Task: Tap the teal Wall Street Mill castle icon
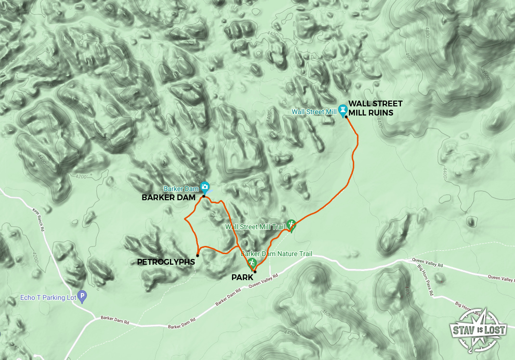pyautogui.click(x=343, y=109)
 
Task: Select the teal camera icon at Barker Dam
pyautogui.click(x=205, y=186)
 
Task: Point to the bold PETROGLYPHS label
pyautogui.click(x=166, y=262)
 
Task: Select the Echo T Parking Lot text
pyautogui.click(x=49, y=297)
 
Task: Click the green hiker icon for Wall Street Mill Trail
pyautogui.click(x=291, y=224)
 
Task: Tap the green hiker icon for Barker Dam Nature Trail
pyautogui.click(x=252, y=263)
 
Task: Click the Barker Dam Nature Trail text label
pyautogui.click(x=276, y=254)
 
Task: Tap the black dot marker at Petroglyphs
pyautogui.click(x=198, y=255)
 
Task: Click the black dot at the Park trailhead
pyautogui.click(x=255, y=272)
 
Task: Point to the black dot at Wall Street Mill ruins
pyautogui.click(x=346, y=117)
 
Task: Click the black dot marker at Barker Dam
pyautogui.click(x=204, y=196)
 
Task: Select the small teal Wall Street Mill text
pyautogui.click(x=314, y=112)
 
